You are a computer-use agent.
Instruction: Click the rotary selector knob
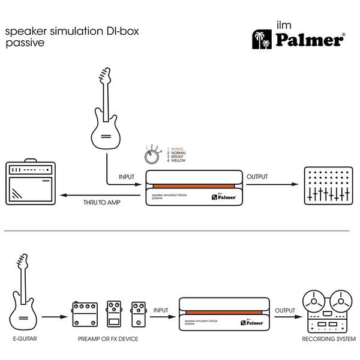click(153, 156)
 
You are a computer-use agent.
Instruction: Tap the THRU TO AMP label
click(103, 203)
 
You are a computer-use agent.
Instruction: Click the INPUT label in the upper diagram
click(126, 178)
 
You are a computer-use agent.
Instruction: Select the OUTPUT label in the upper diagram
click(257, 178)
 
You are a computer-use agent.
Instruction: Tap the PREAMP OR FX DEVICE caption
click(108, 340)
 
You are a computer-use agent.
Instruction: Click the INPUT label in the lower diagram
click(161, 310)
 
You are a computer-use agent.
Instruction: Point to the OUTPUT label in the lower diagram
click(284, 310)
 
